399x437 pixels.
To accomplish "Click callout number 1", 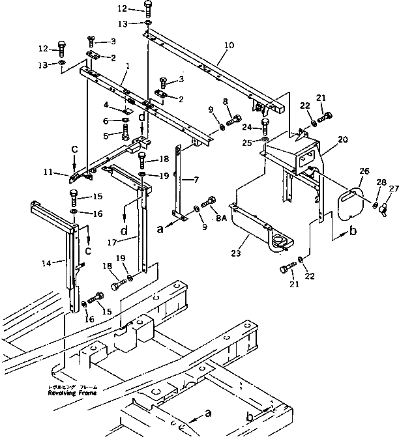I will coord(128,66).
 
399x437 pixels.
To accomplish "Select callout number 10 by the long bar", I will coord(228,46).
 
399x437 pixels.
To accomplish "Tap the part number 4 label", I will coord(106,104).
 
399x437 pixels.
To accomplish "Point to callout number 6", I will coord(106,120).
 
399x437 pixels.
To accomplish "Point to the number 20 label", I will coord(343,140).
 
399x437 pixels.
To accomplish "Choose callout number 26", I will coord(363,173).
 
